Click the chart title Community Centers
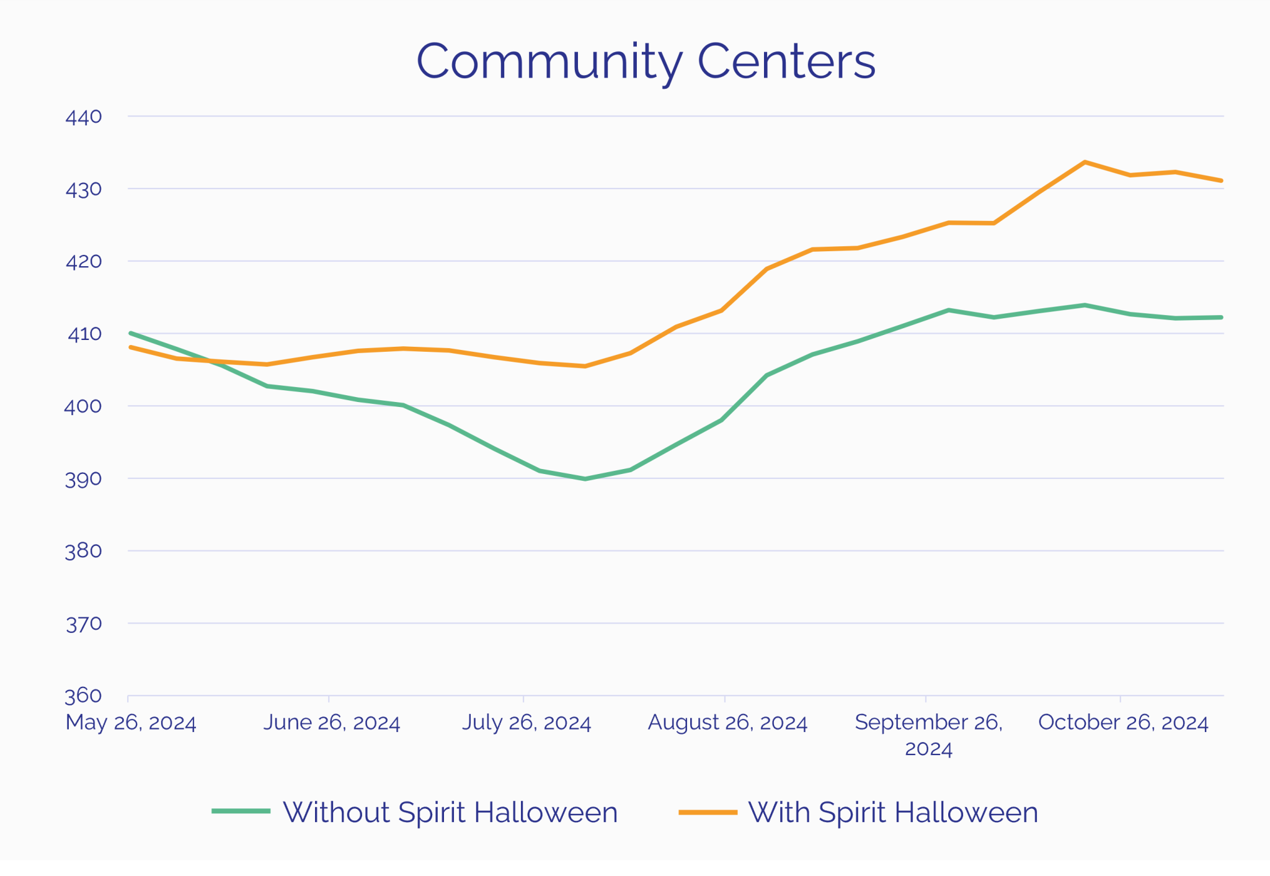point(646,61)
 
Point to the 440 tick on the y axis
point(84,117)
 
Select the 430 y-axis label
point(84,189)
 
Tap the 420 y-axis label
point(84,261)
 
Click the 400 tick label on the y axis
point(83,406)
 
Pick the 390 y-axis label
point(84,479)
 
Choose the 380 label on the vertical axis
point(84,551)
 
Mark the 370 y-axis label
point(84,623)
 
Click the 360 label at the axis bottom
point(84,695)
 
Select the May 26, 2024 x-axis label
point(131,723)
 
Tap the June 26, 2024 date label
point(332,723)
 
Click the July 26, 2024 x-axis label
point(526,723)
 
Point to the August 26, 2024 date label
point(727,723)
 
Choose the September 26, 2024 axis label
point(928,735)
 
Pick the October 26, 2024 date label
point(1123,723)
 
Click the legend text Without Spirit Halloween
point(450,812)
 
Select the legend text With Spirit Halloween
point(893,812)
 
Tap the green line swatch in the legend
point(241,811)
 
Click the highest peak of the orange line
point(1085,163)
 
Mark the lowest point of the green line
point(585,479)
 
